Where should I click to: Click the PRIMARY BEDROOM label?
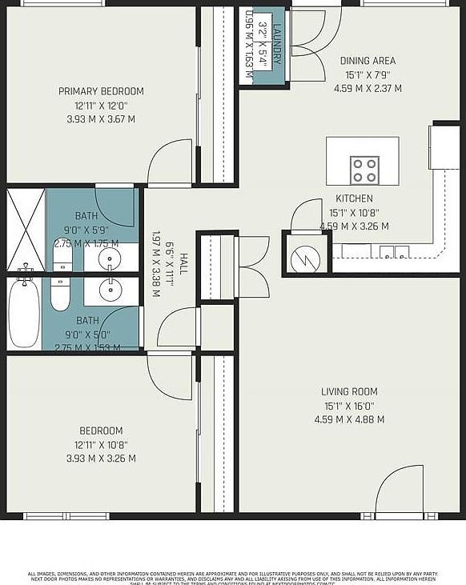[x=101, y=90]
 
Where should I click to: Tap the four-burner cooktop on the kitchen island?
[x=364, y=170]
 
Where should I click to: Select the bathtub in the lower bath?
[x=24, y=314]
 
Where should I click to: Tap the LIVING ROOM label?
[x=349, y=391]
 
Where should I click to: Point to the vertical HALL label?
[x=183, y=265]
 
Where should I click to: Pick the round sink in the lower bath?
[x=109, y=290]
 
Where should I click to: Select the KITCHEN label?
[x=354, y=198]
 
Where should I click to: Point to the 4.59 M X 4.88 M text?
[x=349, y=419]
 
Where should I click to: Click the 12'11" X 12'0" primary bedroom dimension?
[x=101, y=105]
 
